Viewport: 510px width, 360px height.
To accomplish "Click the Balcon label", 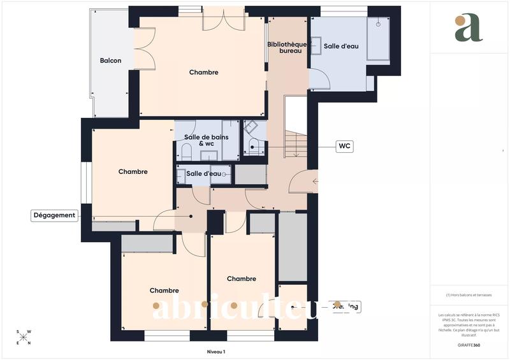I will click(110, 61).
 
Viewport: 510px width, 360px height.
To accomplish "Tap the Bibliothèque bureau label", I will click(287, 47).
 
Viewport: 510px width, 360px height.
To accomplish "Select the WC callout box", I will click(344, 147).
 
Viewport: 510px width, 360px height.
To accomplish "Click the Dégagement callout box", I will click(54, 215).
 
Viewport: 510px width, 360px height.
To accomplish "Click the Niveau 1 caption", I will click(216, 351).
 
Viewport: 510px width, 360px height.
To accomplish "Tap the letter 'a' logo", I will click(469, 28).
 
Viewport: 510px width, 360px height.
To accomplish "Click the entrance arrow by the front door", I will click(315, 182).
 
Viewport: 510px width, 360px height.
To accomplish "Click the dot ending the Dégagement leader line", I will click(191, 215).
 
